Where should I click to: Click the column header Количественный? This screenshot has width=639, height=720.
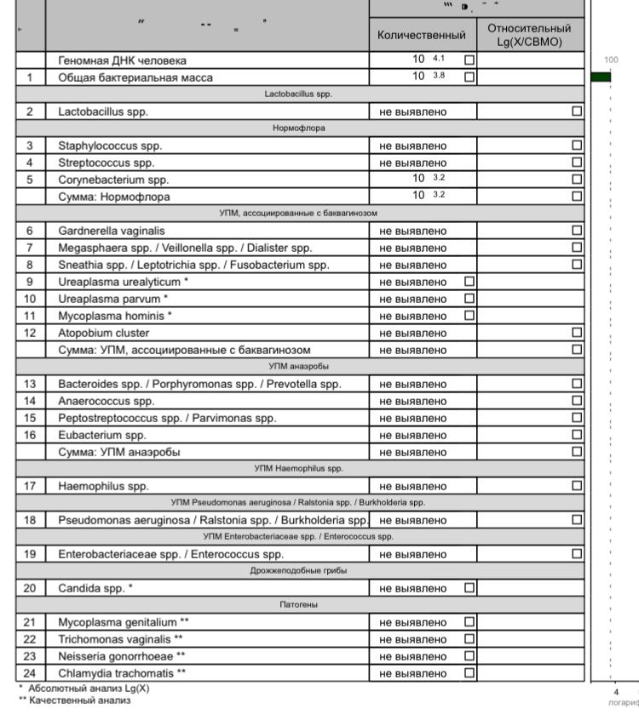click(x=423, y=36)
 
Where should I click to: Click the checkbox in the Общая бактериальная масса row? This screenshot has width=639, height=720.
click(x=469, y=77)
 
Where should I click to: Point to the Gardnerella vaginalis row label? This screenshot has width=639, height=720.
click(x=112, y=231)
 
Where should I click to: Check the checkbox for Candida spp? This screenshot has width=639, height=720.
click(x=469, y=587)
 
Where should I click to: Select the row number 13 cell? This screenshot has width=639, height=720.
click(x=30, y=384)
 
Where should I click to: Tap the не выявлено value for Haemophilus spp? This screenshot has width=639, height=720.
click(x=413, y=486)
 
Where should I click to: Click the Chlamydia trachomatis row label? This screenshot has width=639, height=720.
click(x=121, y=673)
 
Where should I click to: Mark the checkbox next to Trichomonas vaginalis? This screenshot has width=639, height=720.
click(x=469, y=638)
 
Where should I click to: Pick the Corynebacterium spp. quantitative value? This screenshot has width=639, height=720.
click(x=423, y=180)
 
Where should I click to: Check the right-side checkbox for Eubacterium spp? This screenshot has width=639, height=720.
click(x=577, y=435)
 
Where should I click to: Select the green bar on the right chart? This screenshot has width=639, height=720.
click(x=602, y=77)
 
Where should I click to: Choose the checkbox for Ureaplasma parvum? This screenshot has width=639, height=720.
click(x=469, y=298)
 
